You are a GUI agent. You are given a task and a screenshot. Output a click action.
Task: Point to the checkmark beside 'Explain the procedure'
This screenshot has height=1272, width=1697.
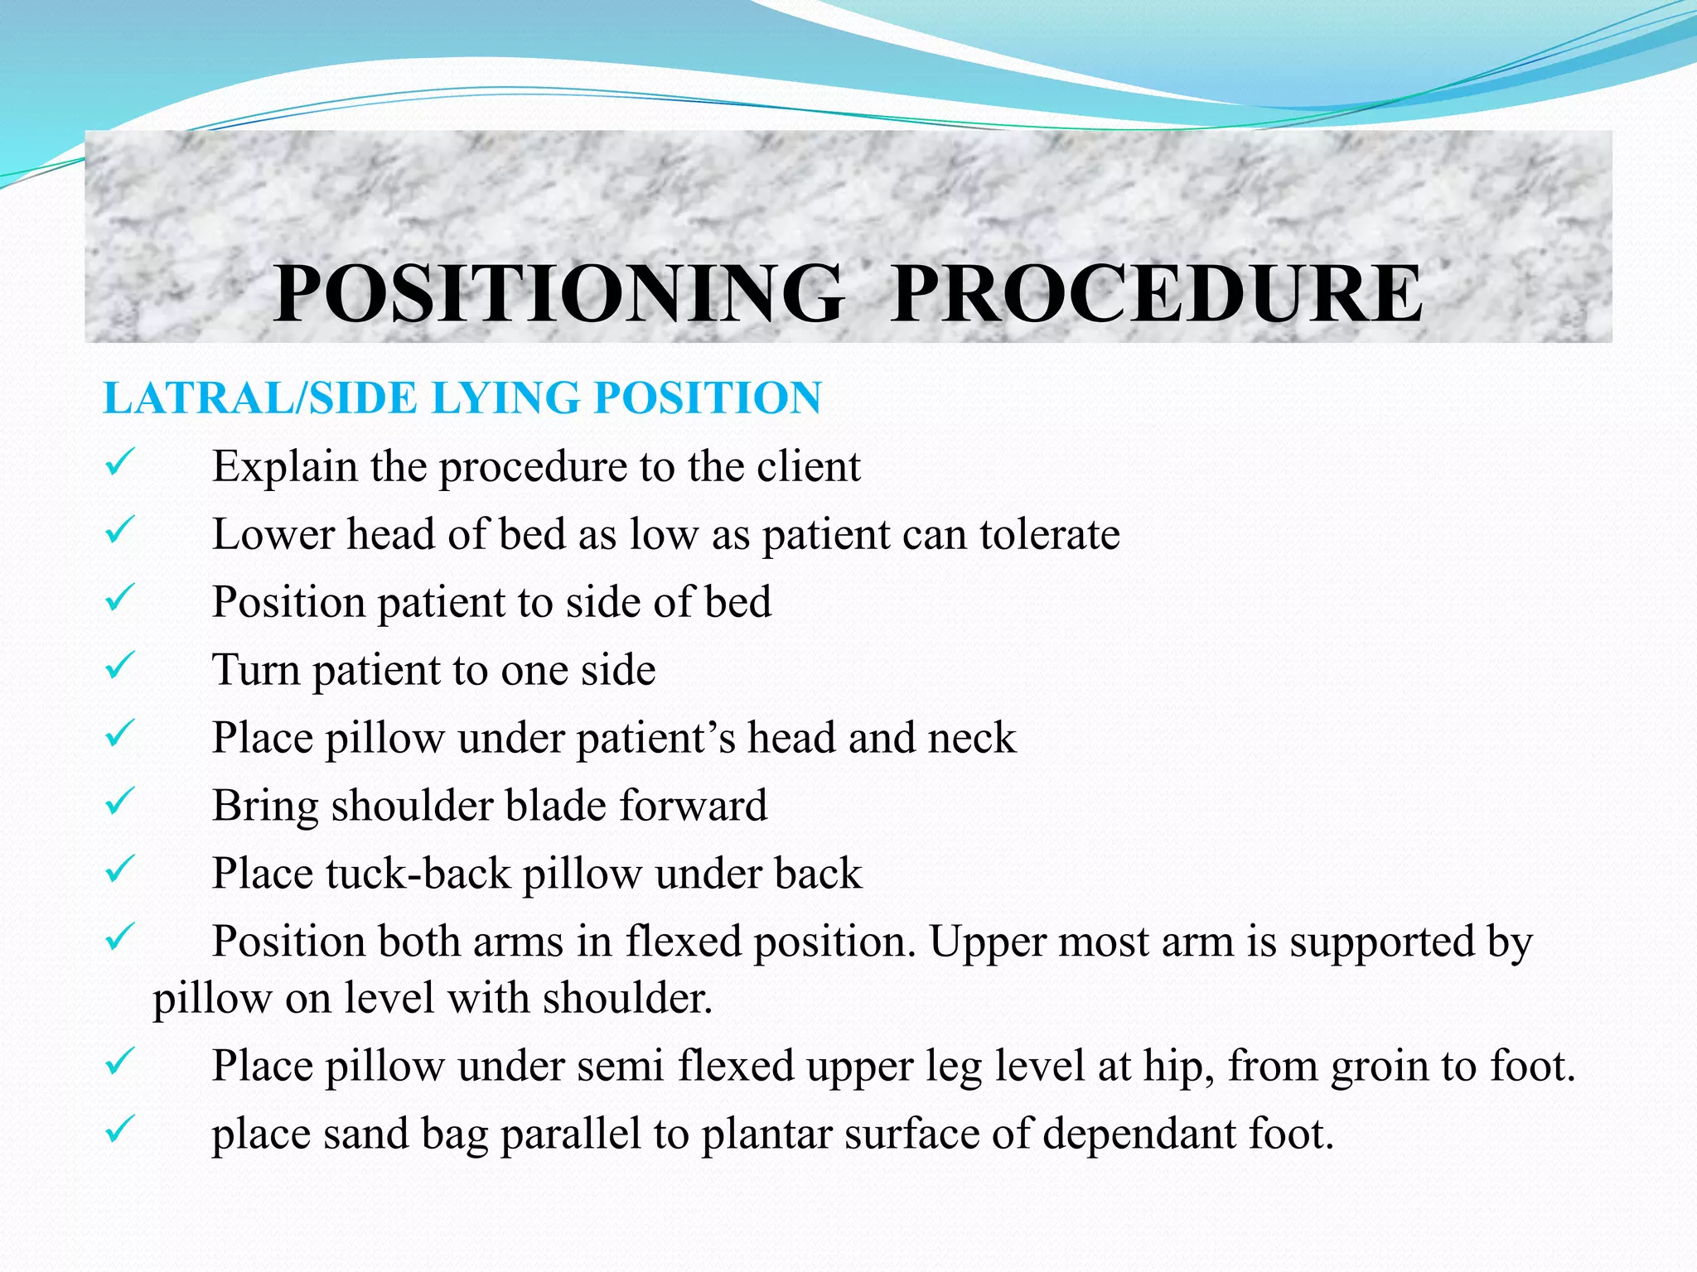(x=120, y=463)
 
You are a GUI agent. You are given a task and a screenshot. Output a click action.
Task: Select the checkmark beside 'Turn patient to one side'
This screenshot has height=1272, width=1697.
(x=120, y=666)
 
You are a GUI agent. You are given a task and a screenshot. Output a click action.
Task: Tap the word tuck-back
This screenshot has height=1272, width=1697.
(x=418, y=874)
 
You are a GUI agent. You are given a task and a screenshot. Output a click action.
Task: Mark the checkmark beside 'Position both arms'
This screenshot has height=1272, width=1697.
(x=120, y=937)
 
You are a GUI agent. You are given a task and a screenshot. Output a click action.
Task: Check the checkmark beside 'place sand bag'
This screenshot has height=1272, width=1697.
(x=120, y=1130)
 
